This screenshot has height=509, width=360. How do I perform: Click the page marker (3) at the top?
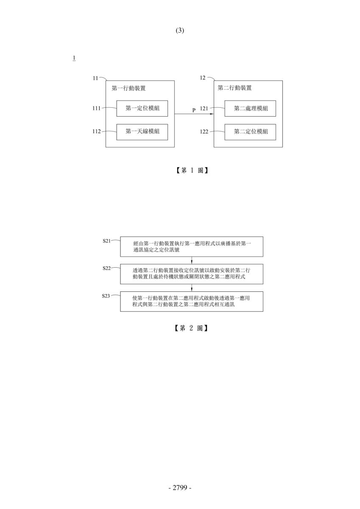pyautogui.click(x=180, y=31)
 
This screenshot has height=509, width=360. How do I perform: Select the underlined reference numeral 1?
pyautogui.click(x=74, y=58)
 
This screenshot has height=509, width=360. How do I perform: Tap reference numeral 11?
pyautogui.click(x=95, y=78)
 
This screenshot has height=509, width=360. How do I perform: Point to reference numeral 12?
pyautogui.click(x=202, y=78)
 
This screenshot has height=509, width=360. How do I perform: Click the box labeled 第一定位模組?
pyautogui.click(x=142, y=109)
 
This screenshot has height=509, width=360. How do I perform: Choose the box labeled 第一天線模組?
pyautogui.click(x=142, y=132)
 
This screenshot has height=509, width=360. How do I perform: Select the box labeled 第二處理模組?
pyautogui.click(x=250, y=109)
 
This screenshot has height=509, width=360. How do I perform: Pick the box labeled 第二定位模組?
pyautogui.click(x=250, y=132)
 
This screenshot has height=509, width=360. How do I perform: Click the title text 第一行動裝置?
pyautogui.click(x=128, y=88)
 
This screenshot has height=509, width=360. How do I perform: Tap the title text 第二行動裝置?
pyautogui.click(x=234, y=88)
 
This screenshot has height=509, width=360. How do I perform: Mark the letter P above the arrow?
pyautogui.click(x=194, y=110)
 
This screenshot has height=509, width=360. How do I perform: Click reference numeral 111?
pyautogui.click(x=97, y=108)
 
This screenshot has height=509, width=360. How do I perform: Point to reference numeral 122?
pyautogui.click(x=204, y=131)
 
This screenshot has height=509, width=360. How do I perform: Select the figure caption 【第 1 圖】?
pyautogui.click(x=192, y=170)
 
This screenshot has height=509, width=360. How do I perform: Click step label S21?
pyautogui.click(x=106, y=241)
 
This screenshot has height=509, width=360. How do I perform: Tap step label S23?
pyautogui.click(x=106, y=296)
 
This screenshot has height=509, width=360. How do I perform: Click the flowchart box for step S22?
pyautogui.click(x=192, y=274)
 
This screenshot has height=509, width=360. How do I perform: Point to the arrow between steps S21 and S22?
pyautogui.click(x=192, y=260)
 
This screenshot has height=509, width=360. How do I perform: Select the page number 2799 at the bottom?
pyautogui.click(x=180, y=487)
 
